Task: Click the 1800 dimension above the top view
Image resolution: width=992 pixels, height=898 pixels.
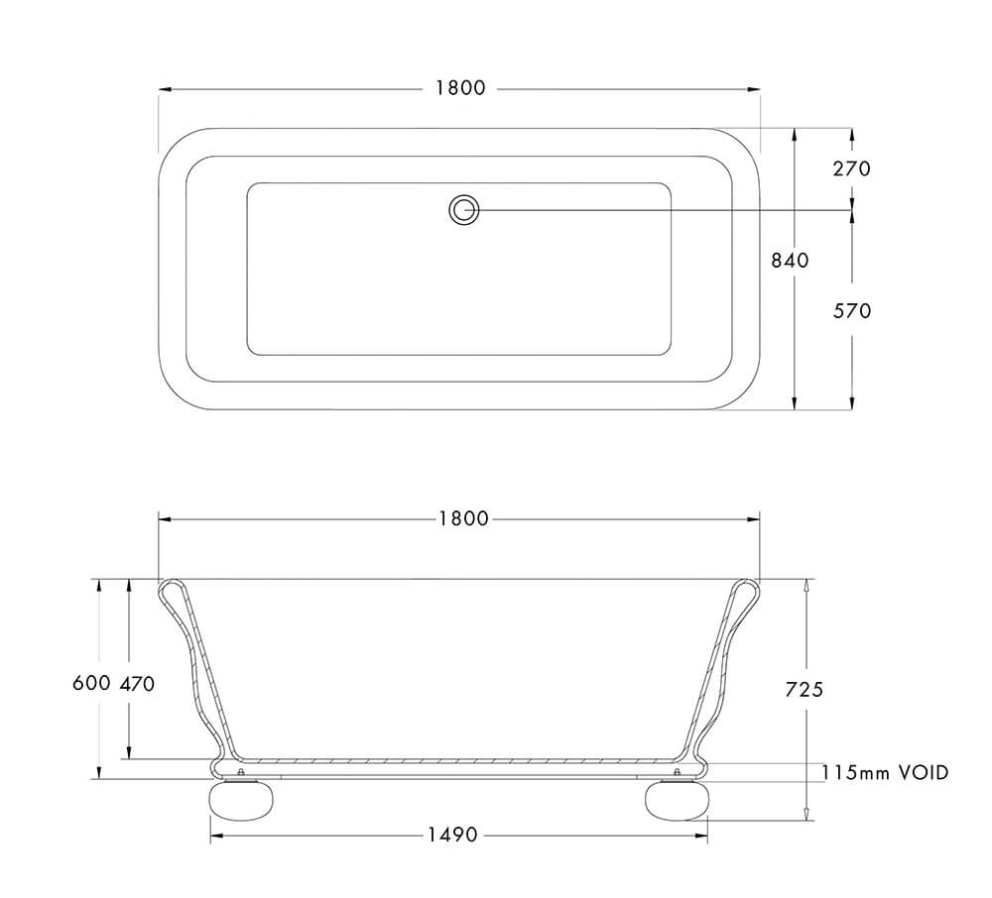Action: click(x=460, y=88)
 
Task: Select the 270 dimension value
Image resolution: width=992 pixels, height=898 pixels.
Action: click(x=851, y=168)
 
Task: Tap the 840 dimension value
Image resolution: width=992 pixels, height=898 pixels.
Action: click(x=790, y=261)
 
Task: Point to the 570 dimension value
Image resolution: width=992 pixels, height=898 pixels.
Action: click(x=851, y=311)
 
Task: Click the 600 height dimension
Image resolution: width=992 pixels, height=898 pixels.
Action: click(x=91, y=684)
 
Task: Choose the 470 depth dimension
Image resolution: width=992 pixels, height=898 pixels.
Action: click(x=137, y=684)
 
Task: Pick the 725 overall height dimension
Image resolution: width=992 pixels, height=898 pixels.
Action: click(x=804, y=690)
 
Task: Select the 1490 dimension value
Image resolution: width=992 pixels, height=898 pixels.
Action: click(x=457, y=836)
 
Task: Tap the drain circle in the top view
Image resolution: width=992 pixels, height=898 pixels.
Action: click(x=463, y=209)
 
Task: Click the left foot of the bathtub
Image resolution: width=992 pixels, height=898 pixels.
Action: click(x=237, y=801)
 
